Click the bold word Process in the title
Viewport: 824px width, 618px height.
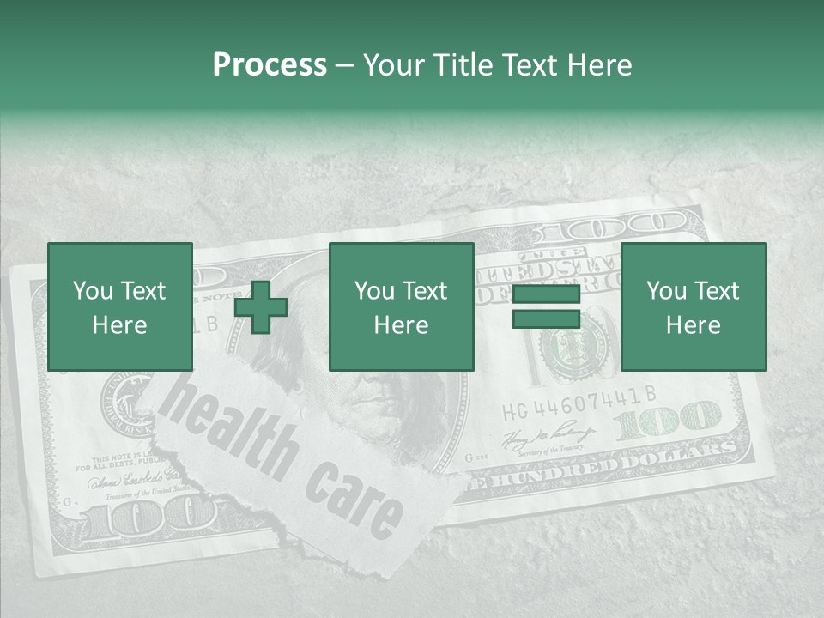tap(270, 65)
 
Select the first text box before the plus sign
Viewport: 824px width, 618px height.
tap(120, 306)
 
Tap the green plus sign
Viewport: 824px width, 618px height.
tap(261, 307)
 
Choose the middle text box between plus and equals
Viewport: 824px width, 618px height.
tap(402, 306)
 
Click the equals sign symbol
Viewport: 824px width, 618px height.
tap(546, 307)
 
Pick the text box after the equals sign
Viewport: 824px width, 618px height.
tap(694, 306)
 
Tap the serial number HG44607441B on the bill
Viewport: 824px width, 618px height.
tap(579, 394)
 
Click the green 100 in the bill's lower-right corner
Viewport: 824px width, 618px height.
tap(669, 420)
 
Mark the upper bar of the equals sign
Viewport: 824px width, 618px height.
tap(546, 295)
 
